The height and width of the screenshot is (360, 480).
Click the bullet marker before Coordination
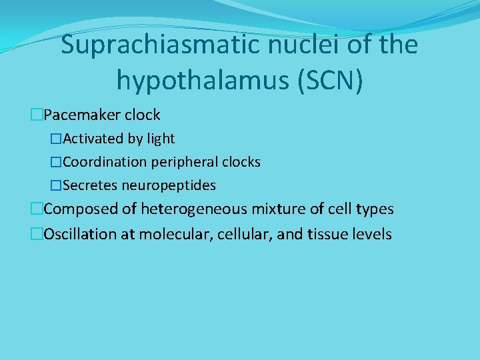click(x=56, y=162)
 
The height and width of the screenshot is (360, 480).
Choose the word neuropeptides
click(x=169, y=185)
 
